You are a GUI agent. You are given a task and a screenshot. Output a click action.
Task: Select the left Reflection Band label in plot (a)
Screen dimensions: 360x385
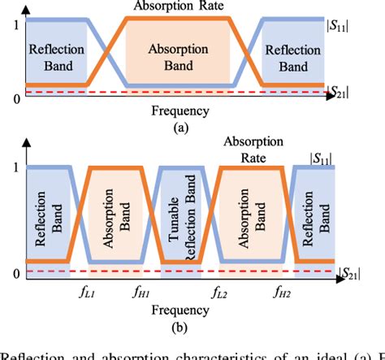(56, 55)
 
